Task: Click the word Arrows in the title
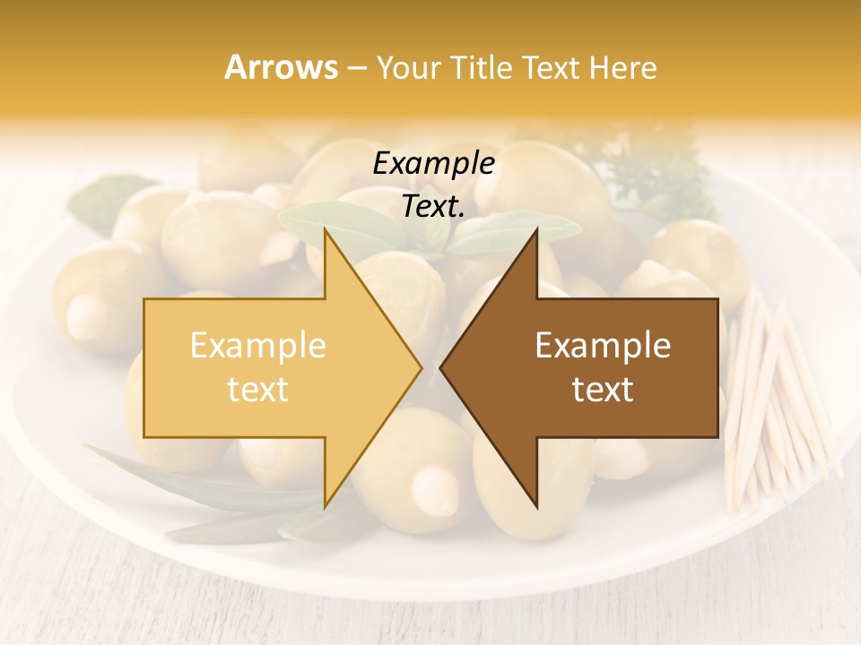coord(281,67)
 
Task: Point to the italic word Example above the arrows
coord(433,164)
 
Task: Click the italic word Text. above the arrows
coord(433,207)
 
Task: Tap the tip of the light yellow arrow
coord(421,366)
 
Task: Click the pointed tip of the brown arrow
coord(441,366)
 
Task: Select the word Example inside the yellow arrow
coord(258,346)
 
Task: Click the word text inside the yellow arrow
coord(258,389)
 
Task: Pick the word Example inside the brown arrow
coord(603,346)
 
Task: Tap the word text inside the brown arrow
coord(603,389)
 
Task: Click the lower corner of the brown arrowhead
coord(536,505)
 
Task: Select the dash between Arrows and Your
coord(356,68)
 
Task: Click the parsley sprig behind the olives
coord(664,170)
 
